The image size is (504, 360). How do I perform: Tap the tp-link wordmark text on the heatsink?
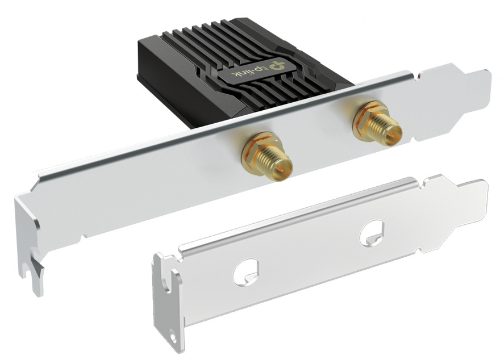click(249, 72)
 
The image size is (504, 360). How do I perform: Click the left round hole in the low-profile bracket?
click(246, 273)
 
